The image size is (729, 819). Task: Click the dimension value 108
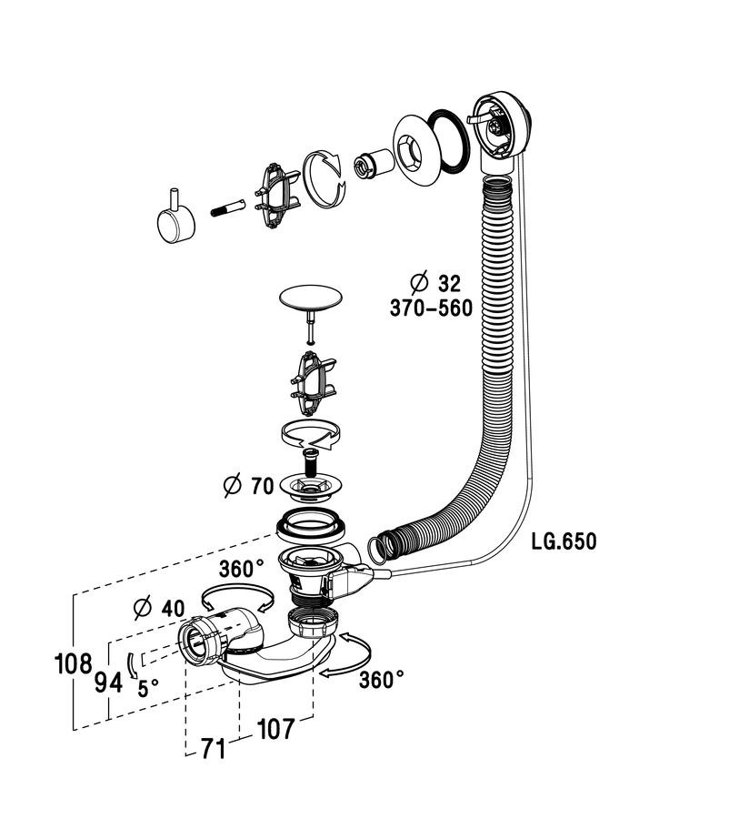[73, 664]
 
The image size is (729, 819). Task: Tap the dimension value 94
[108, 682]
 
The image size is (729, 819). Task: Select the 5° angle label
[148, 689]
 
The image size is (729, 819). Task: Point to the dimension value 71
[214, 749]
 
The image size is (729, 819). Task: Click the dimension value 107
[276, 729]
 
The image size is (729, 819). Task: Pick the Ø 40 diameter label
[160, 608]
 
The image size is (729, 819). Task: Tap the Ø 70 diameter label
[248, 486]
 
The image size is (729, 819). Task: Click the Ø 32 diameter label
[435, 283]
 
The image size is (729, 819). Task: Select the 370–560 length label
[431, 308]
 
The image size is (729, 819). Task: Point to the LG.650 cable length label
[564, 541]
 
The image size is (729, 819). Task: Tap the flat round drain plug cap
[311, 297]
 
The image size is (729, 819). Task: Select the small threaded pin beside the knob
[228, 207]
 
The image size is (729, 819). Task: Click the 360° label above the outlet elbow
[242, 569]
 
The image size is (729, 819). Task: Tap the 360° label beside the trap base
[382, 680]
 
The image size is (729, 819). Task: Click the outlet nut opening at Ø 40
[193, 641]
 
